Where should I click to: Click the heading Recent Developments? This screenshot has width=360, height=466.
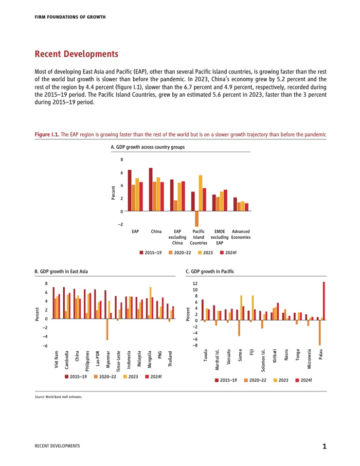click(76, 54)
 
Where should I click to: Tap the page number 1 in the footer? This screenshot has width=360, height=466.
click(324, 446)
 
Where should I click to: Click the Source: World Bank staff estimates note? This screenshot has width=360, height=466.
click(58, 397)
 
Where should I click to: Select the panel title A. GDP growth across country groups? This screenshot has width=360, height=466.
click(148, 147)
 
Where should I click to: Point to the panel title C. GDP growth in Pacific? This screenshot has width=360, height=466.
click(210, 271)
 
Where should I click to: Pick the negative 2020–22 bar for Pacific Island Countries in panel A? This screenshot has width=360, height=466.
click(196, 219)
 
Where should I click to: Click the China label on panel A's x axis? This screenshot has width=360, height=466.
click(156, 232)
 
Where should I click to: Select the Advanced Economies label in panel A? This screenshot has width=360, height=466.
click(241, 235)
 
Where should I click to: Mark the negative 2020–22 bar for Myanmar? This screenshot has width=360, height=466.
click(107, 329)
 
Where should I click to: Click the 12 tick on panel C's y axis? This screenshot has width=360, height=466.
click(194, 283)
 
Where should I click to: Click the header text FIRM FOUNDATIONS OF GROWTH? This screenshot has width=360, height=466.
click(70, 17)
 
